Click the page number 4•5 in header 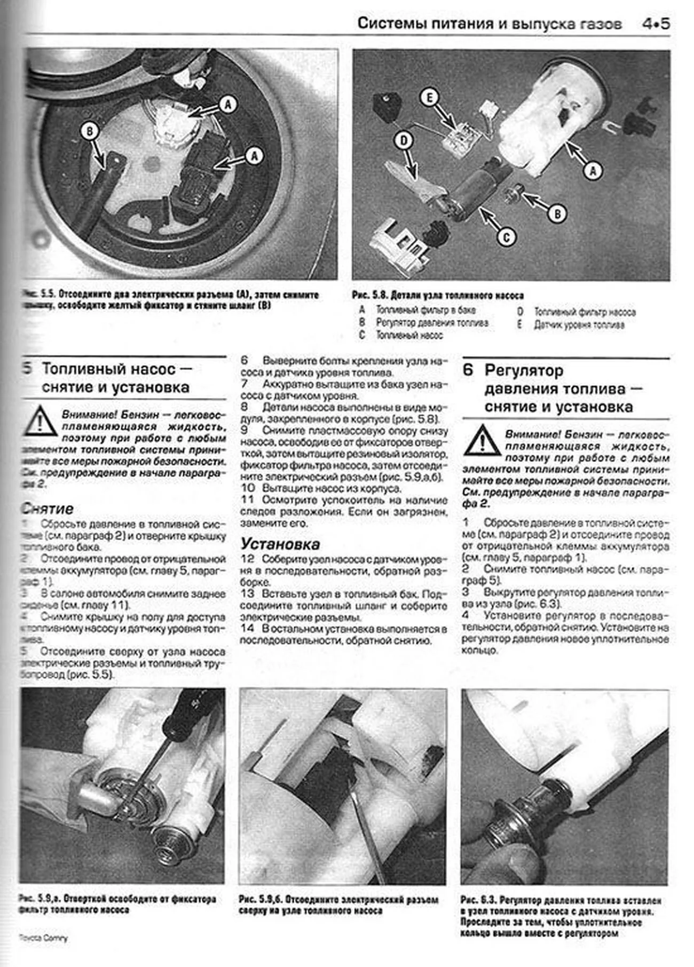655,24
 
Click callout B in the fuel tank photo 90,131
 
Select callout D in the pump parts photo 404,141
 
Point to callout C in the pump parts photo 506,237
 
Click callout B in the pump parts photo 557,214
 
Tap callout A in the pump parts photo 593,171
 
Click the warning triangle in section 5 39,422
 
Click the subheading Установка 280,544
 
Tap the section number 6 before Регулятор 468,370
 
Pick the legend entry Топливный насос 409,336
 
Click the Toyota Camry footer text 43,938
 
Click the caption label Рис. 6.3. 478,900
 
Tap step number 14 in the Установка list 247,629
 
